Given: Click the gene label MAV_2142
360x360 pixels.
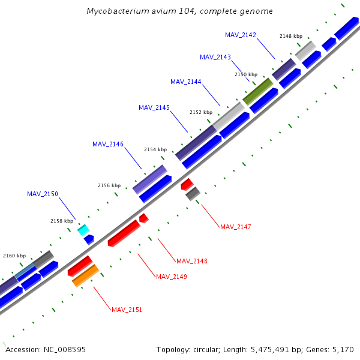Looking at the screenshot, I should (241, 35).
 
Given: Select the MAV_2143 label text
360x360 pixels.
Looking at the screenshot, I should (215, 57).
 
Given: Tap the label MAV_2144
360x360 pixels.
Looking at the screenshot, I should (186, 82).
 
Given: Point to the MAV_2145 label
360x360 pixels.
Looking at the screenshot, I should (154, 107).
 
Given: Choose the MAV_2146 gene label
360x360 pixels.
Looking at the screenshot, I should (108, 144).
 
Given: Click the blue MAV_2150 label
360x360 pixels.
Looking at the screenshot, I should (43, 194).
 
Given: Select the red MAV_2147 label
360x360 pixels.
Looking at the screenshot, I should (236, 227).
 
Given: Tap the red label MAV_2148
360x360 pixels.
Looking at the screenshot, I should (192, 261).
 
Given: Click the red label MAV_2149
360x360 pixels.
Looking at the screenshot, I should (172, 277).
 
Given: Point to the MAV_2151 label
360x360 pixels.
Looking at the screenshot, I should (127, 310).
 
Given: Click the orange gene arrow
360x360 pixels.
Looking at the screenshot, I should (85, 275).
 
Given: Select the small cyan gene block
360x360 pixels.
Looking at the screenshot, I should (83, 230).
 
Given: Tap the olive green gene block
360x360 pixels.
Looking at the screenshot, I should (257, 91).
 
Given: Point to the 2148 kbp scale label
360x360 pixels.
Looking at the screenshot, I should (290, 36).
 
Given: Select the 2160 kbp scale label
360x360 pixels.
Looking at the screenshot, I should (14, 256).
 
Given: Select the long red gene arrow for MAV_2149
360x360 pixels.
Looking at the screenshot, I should (124, 232).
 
